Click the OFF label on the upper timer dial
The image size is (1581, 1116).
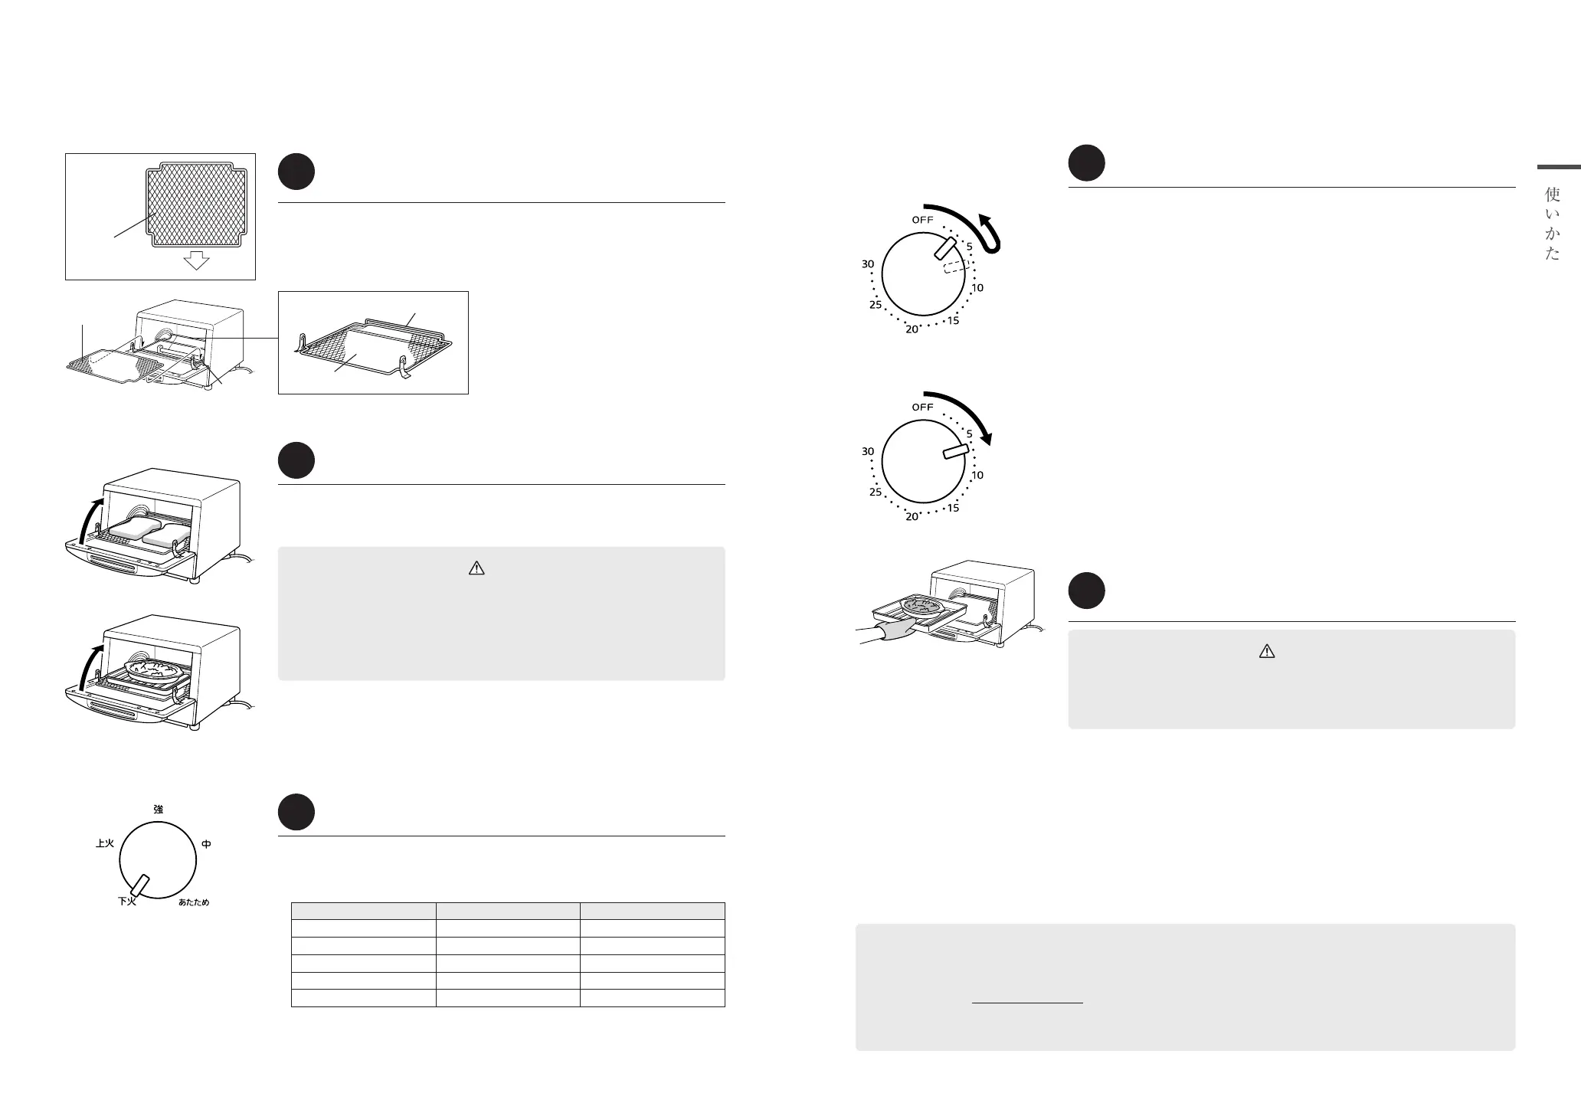[922, 220]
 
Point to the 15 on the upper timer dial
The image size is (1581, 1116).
[953, 320]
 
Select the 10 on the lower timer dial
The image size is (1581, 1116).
[977, 475]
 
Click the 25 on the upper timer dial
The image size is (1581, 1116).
[876, 305]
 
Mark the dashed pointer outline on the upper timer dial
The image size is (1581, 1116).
[956, 266]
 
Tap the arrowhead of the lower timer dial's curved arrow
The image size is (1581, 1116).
[988, 440]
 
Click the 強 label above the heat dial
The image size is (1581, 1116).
[158, 809]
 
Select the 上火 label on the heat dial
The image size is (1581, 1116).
[105, 843]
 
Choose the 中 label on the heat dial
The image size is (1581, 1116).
[206, 844]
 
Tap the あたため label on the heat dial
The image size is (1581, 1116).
[194, 902]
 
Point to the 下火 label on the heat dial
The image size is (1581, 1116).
[126, 902]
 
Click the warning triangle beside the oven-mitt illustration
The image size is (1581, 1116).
[1266, 651]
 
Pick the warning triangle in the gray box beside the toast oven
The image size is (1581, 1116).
[476, 568]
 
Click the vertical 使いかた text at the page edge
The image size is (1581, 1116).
[1552, 224]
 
